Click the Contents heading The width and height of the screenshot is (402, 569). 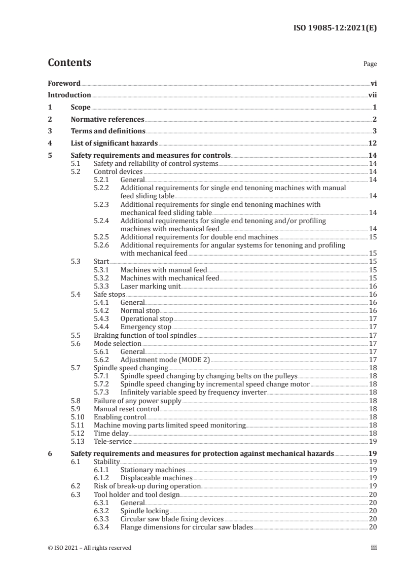pos(69,63)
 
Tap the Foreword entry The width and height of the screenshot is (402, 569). pos(64,83)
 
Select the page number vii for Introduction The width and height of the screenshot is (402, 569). pos(372,95)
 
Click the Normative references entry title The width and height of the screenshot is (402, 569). pos(107,119)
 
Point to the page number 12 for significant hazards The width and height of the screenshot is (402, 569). pos(372,144)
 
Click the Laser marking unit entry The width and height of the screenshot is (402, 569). pos(151,286)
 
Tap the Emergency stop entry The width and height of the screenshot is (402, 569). pos(146,327)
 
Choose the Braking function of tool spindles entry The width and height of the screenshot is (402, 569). pos(145,335)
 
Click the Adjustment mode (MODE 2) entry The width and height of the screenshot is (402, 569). pos(165,360)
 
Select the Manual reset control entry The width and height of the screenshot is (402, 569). pos(126,409)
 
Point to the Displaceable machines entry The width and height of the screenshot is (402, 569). pos(156,478)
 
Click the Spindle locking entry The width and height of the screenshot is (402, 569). pos(144,511)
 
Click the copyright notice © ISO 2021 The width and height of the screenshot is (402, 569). pos(89,548)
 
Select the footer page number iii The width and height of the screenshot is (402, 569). pos(373,548)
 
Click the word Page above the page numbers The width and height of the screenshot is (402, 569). pos(370,64)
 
